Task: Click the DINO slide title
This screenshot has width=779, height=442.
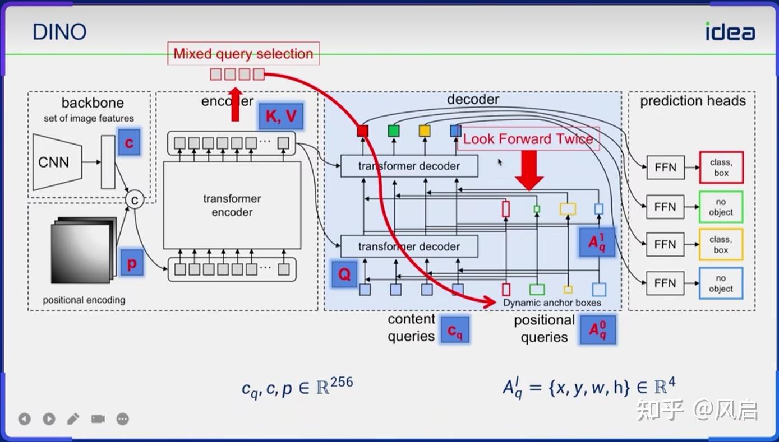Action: click(59, 31)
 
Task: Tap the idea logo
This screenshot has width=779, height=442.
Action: click(730, 31)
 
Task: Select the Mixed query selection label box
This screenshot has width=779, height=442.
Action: click(243, 54)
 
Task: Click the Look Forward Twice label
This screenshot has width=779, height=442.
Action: click(528, 139)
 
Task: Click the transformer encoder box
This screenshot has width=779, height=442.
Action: click(232, 205)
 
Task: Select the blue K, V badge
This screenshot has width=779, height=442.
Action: click(280, 116)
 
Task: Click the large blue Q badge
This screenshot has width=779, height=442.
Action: click(344, 273)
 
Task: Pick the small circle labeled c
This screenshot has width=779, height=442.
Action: click(134, 199)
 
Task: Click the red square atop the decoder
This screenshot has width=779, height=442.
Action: click(363, 131)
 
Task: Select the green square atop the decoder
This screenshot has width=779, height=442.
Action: click(394, 131)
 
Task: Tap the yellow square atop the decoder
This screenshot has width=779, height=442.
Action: click(425, 131)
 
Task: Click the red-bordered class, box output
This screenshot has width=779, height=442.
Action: click(721, 168)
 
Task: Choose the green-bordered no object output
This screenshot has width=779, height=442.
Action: click(721, 207)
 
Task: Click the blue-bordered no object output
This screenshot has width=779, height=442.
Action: click(721, 283)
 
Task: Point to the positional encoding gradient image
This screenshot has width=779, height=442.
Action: click(83, 250)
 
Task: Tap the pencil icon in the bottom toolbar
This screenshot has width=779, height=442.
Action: click(73, 418)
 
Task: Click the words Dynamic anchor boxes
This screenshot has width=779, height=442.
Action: click(552, 303)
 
